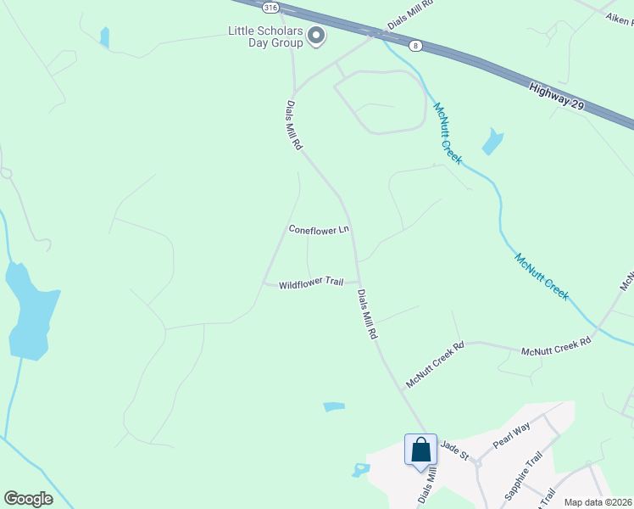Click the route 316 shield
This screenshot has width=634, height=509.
(270, 7)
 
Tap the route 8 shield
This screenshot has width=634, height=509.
(414, 45)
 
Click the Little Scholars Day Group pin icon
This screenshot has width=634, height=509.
(317, 36)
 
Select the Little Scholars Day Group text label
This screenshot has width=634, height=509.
(265, 36)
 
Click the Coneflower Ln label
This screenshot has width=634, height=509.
(319, 229)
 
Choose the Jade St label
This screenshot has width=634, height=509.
(454, 450)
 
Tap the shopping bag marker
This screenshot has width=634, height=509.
(421, 450)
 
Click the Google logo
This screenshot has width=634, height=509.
(28, 499)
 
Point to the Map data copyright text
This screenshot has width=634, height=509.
(598, 502)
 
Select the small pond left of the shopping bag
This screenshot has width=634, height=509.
(362, 468)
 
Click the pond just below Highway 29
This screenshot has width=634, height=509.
(492, 142)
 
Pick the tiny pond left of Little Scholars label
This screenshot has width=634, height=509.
(104, 37)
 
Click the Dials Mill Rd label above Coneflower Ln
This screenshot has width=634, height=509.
(293, 126)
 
